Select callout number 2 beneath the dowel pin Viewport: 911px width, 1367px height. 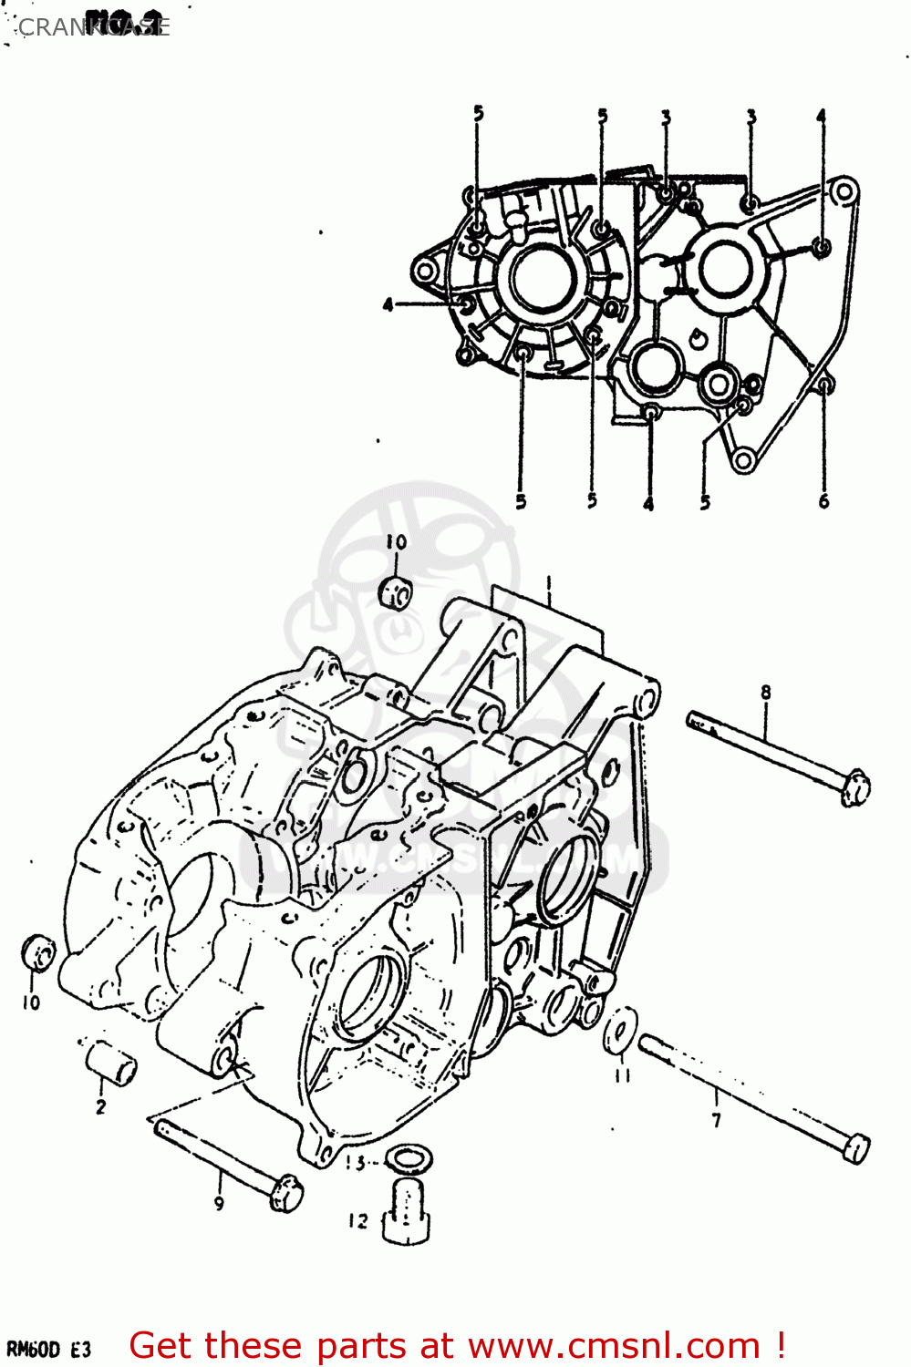pos(100,1107)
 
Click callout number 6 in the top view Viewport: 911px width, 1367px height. pos(823,501)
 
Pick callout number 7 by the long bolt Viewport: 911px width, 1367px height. pos(717,1120)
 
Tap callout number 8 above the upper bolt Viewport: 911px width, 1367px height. pos(766,693)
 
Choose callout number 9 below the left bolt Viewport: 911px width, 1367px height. pos(219,1204)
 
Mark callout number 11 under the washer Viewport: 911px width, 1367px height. pos(622,1075)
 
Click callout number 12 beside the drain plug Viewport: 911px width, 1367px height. pos(358,1221)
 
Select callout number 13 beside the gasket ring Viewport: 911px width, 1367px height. pos(356,1163)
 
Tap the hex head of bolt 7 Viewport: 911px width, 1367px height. pos(855,1148)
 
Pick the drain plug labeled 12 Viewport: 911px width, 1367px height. pos(405,1210)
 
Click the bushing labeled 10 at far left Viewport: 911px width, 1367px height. pos(37,955)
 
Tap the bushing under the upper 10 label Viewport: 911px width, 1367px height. pos(396,592)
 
